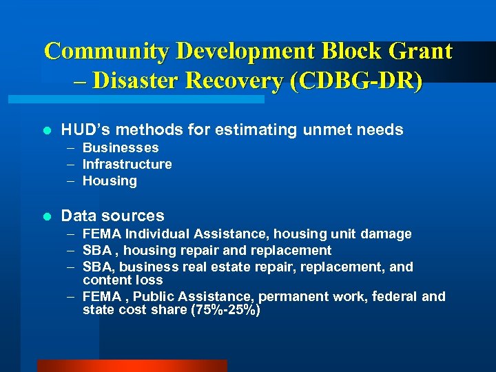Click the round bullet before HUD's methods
(46, 130)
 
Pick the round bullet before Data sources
(46, 216)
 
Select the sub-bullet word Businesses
(121, 147)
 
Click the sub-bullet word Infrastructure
(127, 164)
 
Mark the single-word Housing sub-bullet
(110, 181)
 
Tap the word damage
(387, 234)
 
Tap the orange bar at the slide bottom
(132, 366)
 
